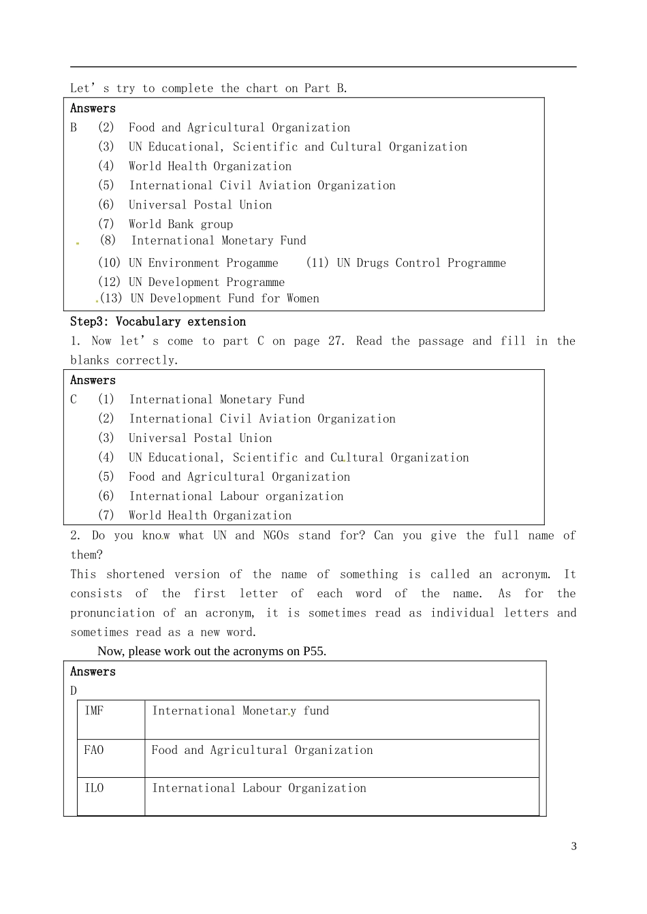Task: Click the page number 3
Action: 573,847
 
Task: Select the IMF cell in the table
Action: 95,711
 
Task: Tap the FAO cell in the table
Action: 94,751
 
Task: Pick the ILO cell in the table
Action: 94,789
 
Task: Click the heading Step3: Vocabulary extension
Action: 158,321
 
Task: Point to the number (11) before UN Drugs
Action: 317,263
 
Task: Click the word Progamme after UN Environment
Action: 252,263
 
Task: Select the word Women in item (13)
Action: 302,298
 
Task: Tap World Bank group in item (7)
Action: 180,224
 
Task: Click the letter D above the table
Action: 74,691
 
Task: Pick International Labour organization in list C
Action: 236,497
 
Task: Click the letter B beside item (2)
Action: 74,127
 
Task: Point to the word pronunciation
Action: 112,613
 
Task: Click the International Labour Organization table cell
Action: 259,789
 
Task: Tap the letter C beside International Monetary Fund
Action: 74,400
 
